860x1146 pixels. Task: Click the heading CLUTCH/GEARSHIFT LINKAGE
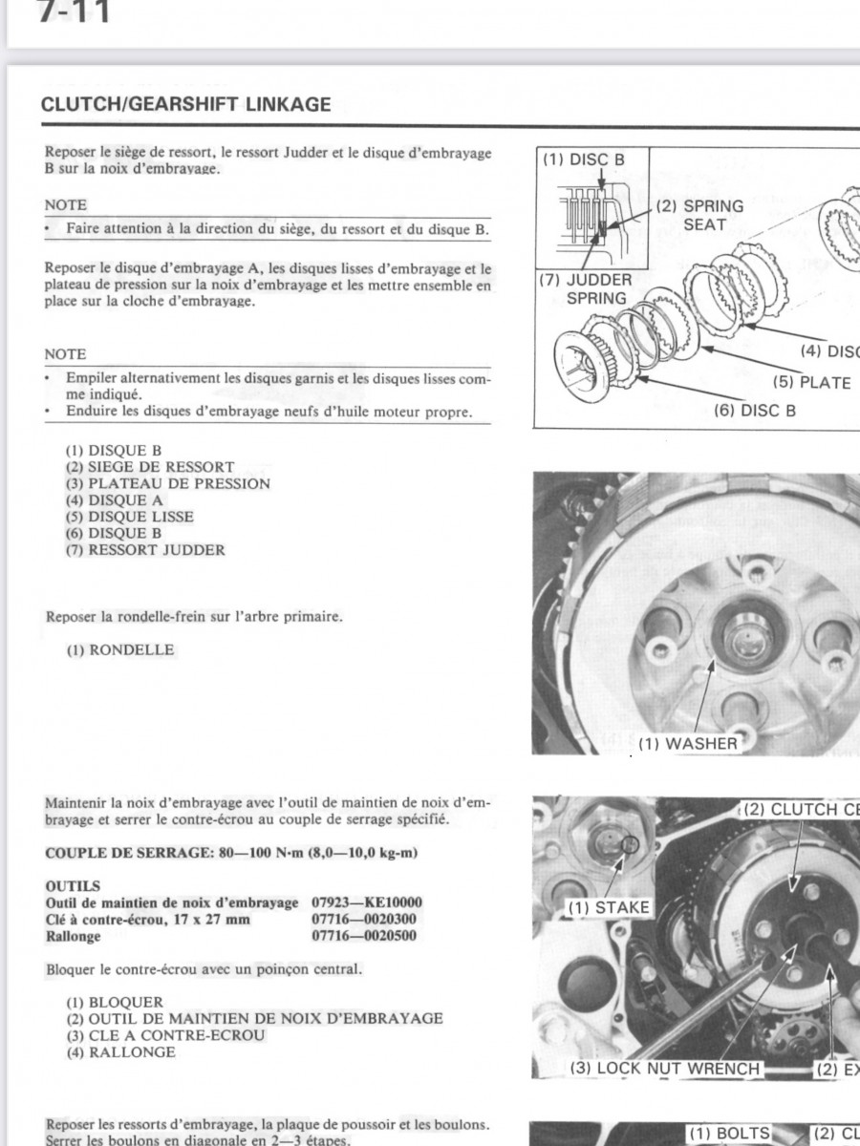point(186,105)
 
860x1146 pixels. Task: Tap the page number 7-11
point(74,13)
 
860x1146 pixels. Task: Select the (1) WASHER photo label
point(688,743)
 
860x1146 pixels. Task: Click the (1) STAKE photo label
point(609,907)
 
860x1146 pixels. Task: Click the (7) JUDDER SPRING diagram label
point(572,288)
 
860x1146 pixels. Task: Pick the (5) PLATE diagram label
point(811,382)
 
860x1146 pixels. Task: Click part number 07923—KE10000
point(367,902)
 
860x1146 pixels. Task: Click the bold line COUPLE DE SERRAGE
point(232,853)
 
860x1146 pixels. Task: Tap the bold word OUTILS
point(73,886)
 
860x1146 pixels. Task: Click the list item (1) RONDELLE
point(120,649)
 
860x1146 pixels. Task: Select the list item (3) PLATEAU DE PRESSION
point(168,483)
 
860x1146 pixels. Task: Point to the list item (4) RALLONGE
point(120,1051)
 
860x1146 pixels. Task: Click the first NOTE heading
point(65,204)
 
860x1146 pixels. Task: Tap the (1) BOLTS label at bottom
point(728,1134)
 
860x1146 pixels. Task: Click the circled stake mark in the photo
point(629,844)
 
